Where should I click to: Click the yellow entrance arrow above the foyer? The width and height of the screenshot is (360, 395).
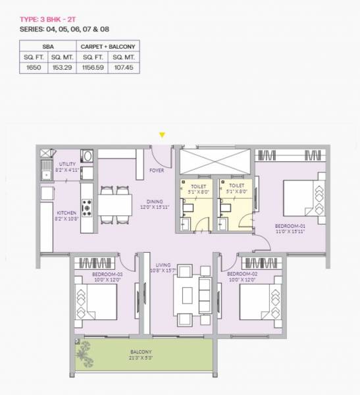coord(162,136)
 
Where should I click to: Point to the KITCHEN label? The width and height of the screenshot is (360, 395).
coord(66,213)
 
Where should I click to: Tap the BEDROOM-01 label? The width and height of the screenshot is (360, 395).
coord(290,226)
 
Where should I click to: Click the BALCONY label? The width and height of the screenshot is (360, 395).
coord(141,352)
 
